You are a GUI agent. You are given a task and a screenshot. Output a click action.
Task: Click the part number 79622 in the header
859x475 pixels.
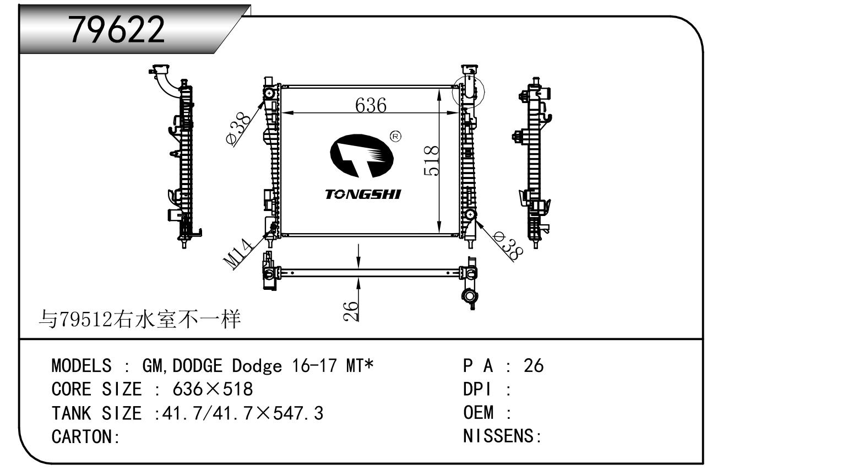click(x=117, y=29)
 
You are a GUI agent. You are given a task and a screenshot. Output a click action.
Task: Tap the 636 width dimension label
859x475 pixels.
click(x=371, y=105)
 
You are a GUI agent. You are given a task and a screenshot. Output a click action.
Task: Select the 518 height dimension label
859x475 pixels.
click(x=431, y=160)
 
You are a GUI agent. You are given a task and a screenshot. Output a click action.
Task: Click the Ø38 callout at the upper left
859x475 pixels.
click(x=238, y=129)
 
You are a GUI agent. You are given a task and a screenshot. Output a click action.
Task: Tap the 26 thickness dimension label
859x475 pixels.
click(x=351, y=311)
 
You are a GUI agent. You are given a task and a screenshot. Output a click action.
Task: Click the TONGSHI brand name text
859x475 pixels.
click(x=363, y=195)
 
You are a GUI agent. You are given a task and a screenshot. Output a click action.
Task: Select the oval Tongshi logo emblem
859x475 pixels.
click(x=362, y=156)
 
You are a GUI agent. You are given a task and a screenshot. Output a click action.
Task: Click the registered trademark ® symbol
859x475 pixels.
click(x=395, y=136)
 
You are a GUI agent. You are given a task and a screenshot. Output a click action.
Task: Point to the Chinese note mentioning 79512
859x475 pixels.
click(x=140, y=319)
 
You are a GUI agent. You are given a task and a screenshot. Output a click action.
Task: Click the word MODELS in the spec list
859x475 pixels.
click(x=81, y=366)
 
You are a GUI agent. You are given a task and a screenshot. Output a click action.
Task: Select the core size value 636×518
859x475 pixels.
click(x=213, y=389)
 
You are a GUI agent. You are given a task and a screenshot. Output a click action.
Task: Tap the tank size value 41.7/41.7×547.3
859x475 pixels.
click(x=243, y=413)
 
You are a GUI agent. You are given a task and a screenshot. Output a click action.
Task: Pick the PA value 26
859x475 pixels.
click(x=534, y=366)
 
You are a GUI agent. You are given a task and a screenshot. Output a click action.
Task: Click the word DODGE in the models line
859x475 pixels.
click(x=198, y=366)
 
